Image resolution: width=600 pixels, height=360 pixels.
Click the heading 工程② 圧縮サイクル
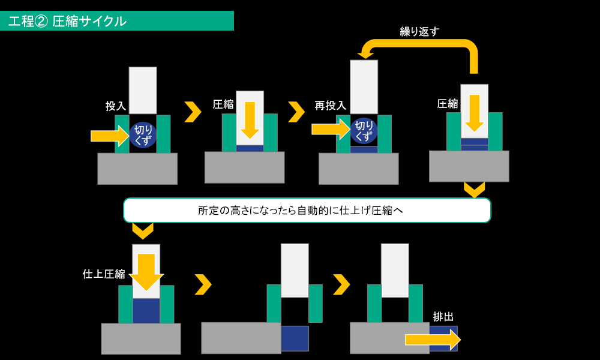point(67,21)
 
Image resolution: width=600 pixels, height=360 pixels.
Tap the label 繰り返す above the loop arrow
point(419,31)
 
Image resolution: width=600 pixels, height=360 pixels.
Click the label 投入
point(116,106)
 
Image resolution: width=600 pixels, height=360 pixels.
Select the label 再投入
point(330,105)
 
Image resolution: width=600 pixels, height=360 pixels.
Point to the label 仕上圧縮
point(104,274)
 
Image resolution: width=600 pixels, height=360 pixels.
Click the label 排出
point(443,317)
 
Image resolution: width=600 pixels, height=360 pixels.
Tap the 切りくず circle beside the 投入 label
point(143,135)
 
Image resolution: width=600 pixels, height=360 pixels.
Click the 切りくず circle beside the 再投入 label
point(364,130)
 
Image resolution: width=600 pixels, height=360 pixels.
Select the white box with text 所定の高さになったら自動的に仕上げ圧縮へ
point(307,210)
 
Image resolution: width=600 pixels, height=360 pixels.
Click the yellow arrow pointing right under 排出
point(433,340)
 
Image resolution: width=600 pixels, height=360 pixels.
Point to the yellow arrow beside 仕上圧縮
point(146,272)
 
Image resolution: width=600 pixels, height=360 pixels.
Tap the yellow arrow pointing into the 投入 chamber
point(110,136)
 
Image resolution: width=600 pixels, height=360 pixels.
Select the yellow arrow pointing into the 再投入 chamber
point(331,130)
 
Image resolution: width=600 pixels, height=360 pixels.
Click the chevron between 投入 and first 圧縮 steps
point(193,112)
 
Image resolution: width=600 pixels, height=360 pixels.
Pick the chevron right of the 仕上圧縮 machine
point(203,284)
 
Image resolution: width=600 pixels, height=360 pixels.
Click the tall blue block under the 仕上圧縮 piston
point(146,311)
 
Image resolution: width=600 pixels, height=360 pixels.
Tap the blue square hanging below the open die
point(295,338)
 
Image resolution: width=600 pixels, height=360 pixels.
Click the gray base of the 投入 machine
point(137,169)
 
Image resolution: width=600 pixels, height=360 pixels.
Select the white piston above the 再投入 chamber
point(364,87)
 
